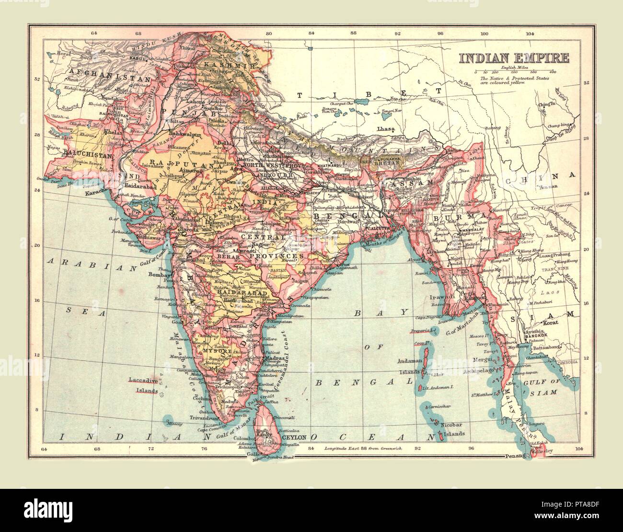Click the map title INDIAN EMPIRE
click(514, 58)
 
